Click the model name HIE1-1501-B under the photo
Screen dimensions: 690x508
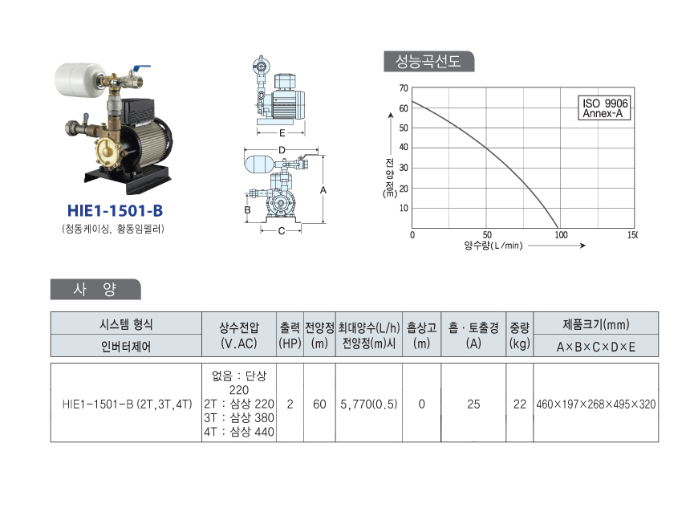(115, 211)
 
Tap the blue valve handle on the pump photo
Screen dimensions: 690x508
(142, 67)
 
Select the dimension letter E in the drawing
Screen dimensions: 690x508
(282, 133)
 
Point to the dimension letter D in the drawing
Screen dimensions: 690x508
(282, 151)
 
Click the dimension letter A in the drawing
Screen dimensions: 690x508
(323, 190)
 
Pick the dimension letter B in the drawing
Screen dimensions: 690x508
(248, 210)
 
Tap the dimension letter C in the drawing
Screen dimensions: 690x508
(281, 230)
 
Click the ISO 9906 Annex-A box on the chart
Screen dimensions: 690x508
(604, 108)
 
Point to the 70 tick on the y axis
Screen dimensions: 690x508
(404, 88)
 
